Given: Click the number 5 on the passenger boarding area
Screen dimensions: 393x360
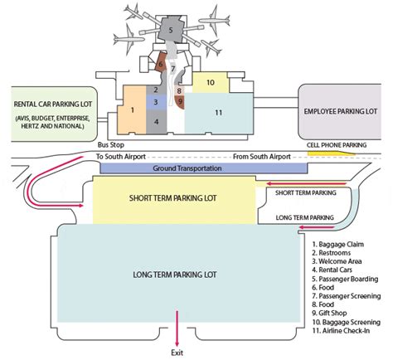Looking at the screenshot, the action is coord(171,30).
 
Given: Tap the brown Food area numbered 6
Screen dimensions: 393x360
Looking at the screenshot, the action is coord(160,63).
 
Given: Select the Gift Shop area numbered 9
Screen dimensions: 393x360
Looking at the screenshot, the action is coord(180,102).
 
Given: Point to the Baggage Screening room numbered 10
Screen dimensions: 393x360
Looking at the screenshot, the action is coord(210,82).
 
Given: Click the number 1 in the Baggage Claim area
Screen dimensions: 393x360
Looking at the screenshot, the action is coord(133,110).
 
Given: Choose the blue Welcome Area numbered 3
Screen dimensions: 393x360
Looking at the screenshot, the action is coord(156,102).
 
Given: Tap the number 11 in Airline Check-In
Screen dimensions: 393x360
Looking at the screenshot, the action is coord(219,113).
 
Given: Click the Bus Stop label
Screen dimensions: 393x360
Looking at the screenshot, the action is coord(111,145).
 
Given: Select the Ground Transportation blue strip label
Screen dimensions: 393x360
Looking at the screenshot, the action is coord(187,168).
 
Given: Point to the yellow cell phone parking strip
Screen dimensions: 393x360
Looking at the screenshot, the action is coord(331,153).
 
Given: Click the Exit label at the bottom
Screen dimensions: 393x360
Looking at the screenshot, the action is coord(177,353).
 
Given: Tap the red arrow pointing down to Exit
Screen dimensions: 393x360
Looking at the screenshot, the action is coord(177,328).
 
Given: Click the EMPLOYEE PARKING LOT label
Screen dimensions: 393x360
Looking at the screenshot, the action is coord(341,111).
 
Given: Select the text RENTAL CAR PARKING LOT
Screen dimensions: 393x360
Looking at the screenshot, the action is coord(53,105).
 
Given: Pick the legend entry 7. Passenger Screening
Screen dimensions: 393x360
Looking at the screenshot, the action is coord(347,296).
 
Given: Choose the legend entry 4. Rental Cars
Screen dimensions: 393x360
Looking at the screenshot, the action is coord(332,270).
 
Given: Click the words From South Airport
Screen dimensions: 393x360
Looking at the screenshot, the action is coord(262,157).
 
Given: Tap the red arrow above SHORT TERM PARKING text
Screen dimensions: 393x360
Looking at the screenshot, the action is coord(306,183).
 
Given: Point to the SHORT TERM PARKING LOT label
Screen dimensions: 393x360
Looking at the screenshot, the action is coord(173,198).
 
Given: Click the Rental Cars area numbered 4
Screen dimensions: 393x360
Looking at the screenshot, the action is coord(157,122).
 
